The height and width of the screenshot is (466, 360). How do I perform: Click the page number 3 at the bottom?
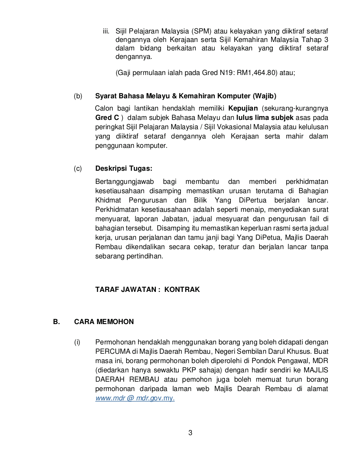(190, 433)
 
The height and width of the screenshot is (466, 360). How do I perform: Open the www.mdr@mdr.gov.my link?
(135, 399)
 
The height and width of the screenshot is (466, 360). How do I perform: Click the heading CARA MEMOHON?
(104, 322)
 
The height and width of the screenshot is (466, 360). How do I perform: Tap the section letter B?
(55, 322)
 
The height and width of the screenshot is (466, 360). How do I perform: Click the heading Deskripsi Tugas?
(124, 169)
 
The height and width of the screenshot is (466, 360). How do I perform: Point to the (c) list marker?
(78, 169)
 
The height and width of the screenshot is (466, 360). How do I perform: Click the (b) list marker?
(78, 96)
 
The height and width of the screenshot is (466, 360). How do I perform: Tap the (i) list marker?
(78, 342)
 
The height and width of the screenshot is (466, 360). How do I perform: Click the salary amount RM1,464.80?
(256, 72)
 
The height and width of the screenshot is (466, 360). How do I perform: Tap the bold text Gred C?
(107, 117)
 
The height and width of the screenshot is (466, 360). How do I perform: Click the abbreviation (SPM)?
(202, 31)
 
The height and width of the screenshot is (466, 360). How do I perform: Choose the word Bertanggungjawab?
(124, 181)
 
